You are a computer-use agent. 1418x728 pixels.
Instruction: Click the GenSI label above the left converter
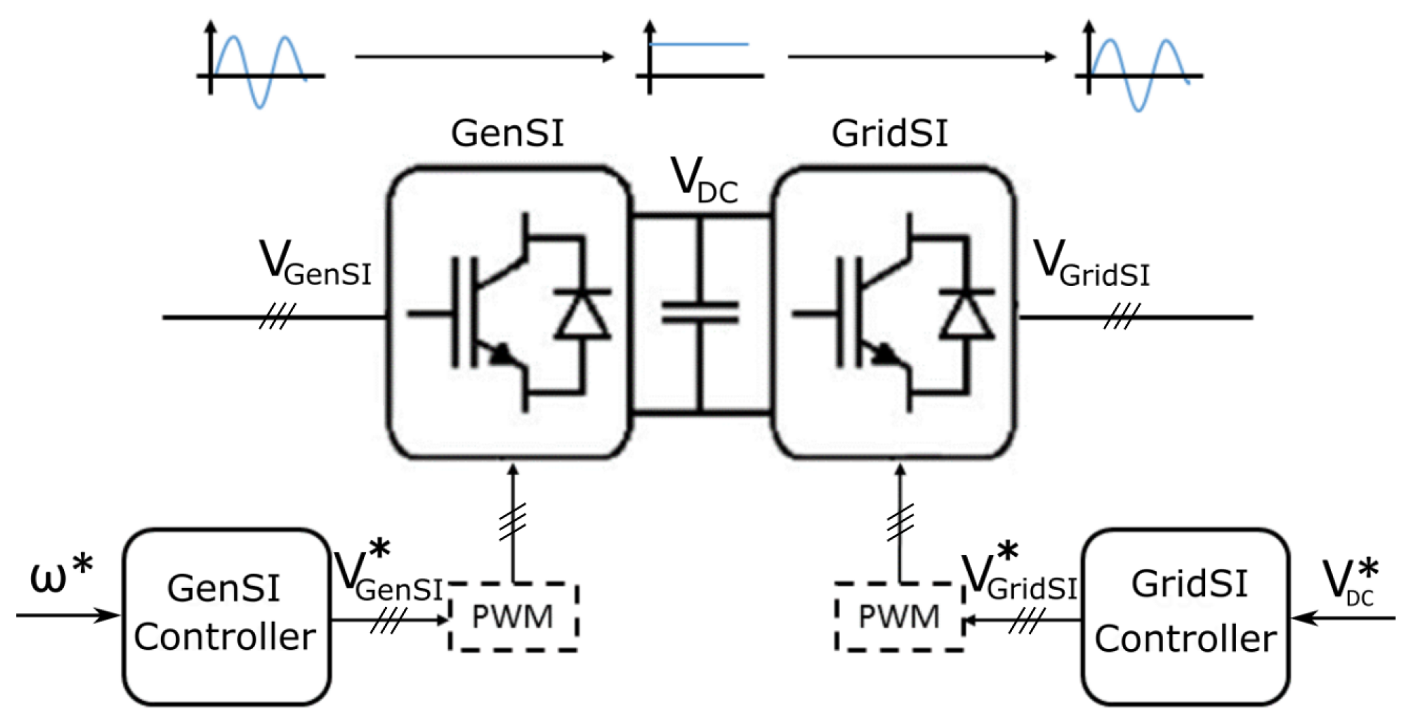tap(507, 133)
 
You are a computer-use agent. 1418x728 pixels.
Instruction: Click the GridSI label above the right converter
tap(890, 133)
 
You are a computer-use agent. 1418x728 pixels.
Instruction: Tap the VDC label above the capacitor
tap(704, 180)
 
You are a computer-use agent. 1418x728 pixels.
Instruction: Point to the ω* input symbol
tap(61, 576)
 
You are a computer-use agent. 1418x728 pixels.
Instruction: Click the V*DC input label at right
tap(1350, 582)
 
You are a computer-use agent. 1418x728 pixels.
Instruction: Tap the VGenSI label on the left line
tap(315, 263)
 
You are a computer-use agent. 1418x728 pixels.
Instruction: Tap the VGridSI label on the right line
tap(1091, 264)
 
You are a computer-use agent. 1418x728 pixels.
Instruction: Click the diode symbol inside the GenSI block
tap(582, 314)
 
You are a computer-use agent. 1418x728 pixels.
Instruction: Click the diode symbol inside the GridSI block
tap(966, 314)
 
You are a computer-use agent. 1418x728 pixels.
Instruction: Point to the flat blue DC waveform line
tap(699, 44)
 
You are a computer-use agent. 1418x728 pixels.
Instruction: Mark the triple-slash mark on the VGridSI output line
tap(1121, 317)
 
